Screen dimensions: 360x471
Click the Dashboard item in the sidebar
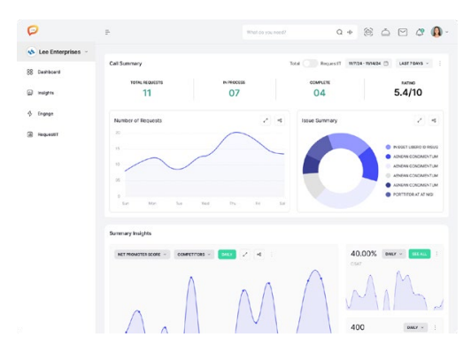[48, 72]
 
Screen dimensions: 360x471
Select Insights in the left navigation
[45, 92]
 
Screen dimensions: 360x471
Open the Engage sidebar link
[45, 113]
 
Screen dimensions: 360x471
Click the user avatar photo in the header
[436, 32]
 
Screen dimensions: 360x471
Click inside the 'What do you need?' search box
[288, 32]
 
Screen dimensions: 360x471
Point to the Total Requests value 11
[147, 93]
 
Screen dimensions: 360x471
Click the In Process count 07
[234, 93]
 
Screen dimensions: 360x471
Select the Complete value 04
[319, 93]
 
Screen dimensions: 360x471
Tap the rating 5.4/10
[408, 93]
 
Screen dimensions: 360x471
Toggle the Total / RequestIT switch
[310, 64]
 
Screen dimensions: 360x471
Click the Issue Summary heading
[320, 120]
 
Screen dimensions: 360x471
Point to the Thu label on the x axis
[233, 203]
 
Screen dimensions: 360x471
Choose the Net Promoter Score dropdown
[142, 254]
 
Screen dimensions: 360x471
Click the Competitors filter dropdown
[193, 254]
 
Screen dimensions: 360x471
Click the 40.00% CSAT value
[364, 254]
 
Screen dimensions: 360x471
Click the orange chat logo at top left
[33, 31]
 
